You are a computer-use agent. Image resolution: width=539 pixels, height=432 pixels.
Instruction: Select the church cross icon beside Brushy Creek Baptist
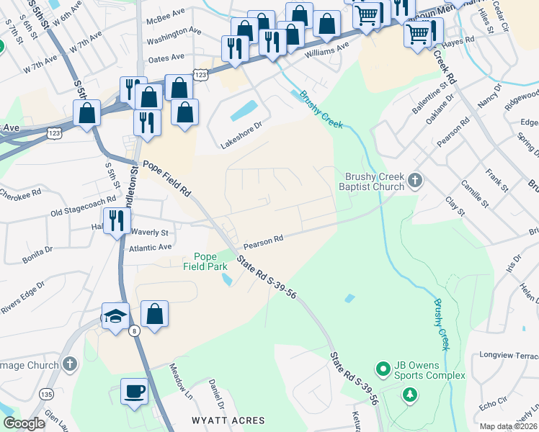(415, 180)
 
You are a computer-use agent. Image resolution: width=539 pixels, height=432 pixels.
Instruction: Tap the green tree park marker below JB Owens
(409, 394)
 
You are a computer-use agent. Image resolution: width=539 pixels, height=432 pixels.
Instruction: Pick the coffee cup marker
(134, 392)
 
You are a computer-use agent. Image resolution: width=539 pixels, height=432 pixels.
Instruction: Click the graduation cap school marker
(115, 316)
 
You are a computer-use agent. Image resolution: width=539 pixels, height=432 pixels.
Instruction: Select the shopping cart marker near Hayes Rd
(418, 33)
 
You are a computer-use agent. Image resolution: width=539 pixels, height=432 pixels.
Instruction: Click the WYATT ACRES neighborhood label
(228, 420)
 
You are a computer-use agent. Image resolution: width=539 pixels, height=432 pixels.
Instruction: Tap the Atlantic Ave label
(151, 247)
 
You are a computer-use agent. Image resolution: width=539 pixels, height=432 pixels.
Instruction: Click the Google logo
(24, 423)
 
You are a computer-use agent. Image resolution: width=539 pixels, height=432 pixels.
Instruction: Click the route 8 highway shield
(135, 330)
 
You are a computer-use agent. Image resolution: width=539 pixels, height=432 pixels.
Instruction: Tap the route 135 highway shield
(48, 394)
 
